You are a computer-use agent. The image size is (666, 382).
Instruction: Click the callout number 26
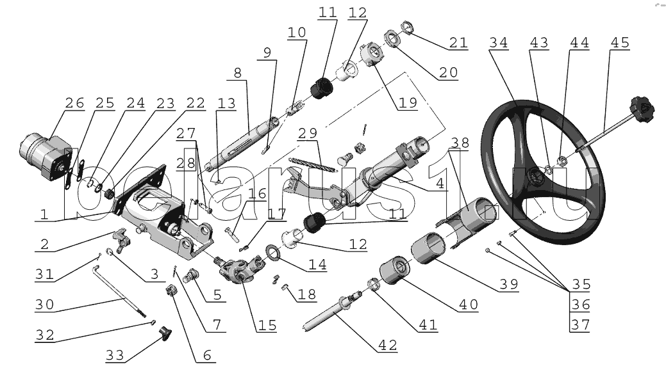coord(74,103)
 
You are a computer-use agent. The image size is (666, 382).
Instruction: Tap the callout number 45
coord(619,43)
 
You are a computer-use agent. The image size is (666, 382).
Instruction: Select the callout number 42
coord(387,346)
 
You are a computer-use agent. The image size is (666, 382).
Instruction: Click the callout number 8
coord(237,73)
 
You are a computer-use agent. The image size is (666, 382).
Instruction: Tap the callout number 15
coord(267,325)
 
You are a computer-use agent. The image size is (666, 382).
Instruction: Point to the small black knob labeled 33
coord(168,331)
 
